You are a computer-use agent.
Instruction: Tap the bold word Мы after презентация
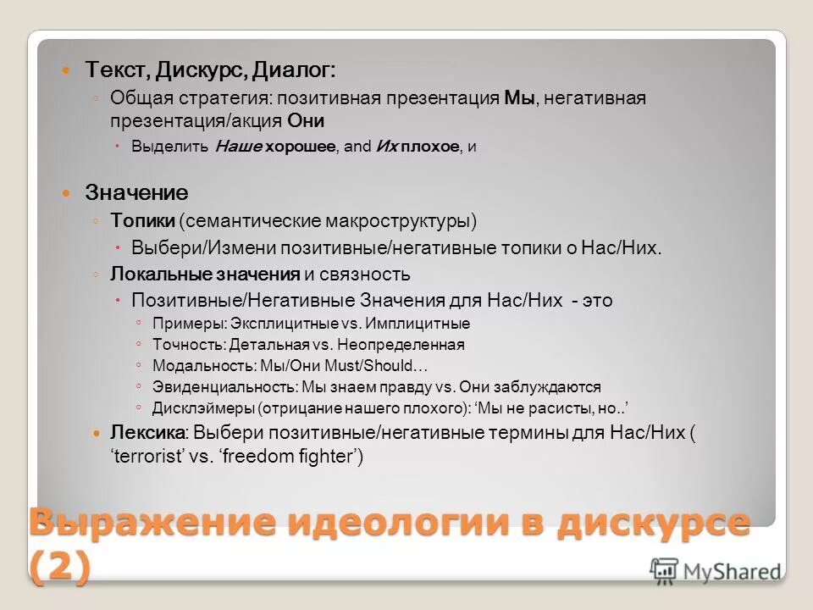(520, 98)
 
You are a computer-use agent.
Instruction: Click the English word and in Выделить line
(358, 147)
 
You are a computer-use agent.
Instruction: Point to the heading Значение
(136, 192)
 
